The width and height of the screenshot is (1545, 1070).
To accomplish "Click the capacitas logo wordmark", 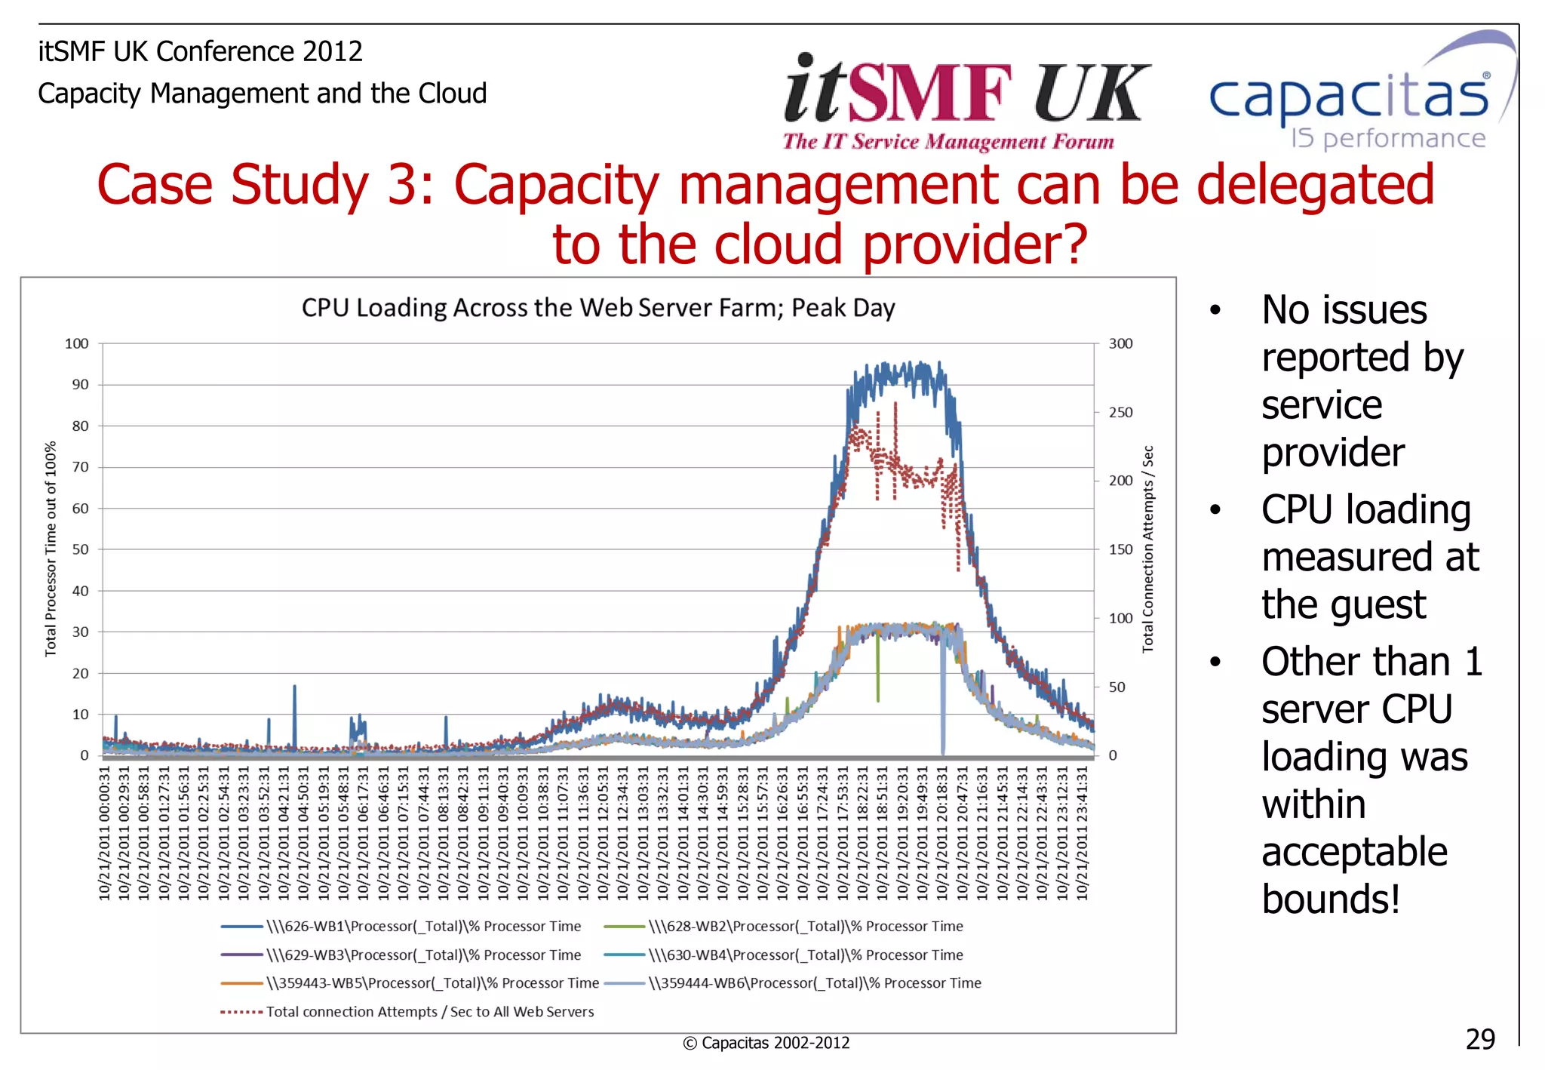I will tap(1349, 98).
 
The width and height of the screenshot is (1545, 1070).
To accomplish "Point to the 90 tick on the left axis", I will tap(80, 385).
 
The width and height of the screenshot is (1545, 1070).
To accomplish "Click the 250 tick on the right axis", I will tap(1120, 413).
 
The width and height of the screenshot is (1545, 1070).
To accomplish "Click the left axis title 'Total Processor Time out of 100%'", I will tap(51, 549).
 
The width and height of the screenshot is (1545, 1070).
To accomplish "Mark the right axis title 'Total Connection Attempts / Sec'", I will tap(1147, 549).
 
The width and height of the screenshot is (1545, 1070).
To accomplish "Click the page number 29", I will tap(1479, 1040).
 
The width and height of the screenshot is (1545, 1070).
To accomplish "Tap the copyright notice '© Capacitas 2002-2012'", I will tap(766, 1044).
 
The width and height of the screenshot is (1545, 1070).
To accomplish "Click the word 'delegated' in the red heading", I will tap(1315, 185).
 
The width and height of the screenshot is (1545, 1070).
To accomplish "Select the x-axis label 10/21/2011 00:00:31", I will tap(104, 834).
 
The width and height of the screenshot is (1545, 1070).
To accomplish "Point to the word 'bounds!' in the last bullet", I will tap(1331, 899).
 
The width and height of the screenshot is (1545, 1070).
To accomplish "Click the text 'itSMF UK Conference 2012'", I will tap(200, 51).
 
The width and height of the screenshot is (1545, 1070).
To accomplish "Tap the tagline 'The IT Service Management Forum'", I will tap(948, 142).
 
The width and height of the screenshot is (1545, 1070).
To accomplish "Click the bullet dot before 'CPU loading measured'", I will tap(1215, 510).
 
